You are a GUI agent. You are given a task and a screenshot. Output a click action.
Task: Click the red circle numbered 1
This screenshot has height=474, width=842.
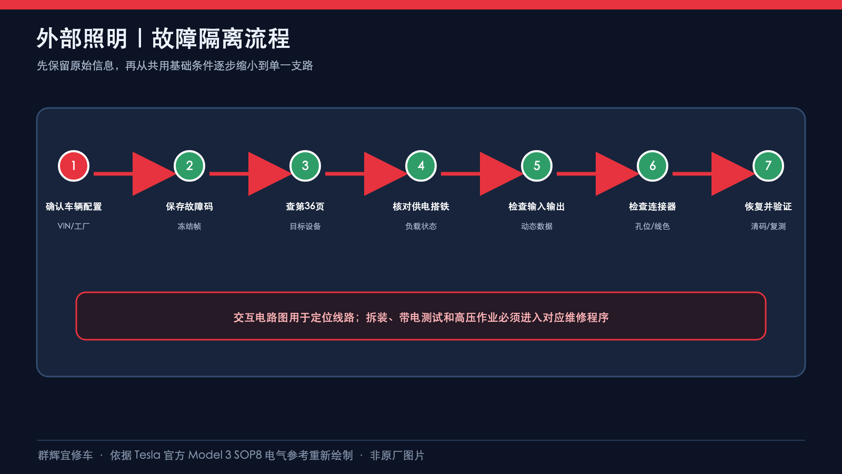[74, 166]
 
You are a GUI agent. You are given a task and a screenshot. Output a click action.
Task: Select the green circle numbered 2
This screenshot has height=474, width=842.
[189, 166]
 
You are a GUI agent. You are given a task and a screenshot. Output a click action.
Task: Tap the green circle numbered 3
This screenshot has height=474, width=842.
[305, 166]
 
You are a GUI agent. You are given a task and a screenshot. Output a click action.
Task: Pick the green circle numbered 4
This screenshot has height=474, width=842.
[421, 166]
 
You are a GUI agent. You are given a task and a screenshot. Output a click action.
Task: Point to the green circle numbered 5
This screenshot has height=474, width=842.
[537, 166]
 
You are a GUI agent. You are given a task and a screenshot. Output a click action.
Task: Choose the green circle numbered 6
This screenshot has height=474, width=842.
[653, 166]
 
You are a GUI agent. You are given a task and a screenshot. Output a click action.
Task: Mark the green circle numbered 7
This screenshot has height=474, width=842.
[768, 166]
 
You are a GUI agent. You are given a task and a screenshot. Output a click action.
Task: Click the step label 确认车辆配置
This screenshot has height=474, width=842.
[74, 206]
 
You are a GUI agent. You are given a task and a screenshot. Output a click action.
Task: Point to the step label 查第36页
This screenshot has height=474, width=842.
[305, 206]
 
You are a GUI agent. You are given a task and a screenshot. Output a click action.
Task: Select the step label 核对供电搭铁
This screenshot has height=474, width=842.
[421, 206]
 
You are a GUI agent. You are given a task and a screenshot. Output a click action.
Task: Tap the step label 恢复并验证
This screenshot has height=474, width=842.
[768, 206]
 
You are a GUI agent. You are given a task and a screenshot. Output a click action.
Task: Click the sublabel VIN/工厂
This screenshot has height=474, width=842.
[74, 226]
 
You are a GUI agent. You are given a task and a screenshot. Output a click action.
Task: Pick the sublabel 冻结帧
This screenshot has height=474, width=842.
[189, 226]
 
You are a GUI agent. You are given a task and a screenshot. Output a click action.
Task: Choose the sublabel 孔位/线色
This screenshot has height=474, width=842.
[653, 226]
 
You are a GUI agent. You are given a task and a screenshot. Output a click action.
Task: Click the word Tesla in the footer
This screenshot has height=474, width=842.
[147, 455]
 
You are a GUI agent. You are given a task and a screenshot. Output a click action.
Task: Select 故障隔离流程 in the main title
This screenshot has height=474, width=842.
[221, 38]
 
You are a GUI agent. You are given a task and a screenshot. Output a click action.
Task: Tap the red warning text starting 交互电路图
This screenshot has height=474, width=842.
[421, 318]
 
